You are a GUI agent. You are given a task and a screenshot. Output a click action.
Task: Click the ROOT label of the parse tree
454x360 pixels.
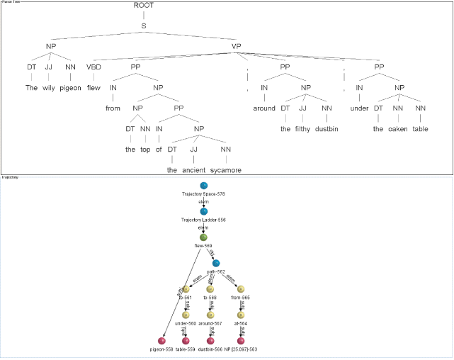(x=144, y=6)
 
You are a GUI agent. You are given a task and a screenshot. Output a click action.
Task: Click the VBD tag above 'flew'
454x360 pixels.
(x=93, y=67)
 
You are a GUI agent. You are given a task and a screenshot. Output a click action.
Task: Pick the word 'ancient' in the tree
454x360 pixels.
(x=194, y=170)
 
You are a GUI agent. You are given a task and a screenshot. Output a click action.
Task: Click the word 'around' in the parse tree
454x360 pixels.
(x=264, y=109)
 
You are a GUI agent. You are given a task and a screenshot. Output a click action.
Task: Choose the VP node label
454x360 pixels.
(x=237, y=47)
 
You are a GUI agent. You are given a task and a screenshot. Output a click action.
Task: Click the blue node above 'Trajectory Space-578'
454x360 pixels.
(x=203, y=186)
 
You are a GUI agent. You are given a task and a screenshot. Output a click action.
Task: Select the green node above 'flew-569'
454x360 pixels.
(x=203, y=237)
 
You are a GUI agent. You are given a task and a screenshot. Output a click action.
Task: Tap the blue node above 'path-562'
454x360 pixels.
(x=216, y=263)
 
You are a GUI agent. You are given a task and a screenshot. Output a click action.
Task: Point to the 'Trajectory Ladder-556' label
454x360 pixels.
(x=203, y=220)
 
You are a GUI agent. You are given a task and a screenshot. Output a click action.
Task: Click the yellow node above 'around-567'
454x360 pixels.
(x=210, y=315)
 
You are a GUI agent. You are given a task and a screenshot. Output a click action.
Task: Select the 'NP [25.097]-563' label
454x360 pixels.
(x=241, y=349)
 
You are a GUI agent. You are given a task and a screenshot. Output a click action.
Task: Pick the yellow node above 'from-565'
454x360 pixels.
(x=241, y=289)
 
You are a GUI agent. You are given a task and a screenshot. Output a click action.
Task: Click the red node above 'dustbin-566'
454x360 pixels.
(x=210, y=341)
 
